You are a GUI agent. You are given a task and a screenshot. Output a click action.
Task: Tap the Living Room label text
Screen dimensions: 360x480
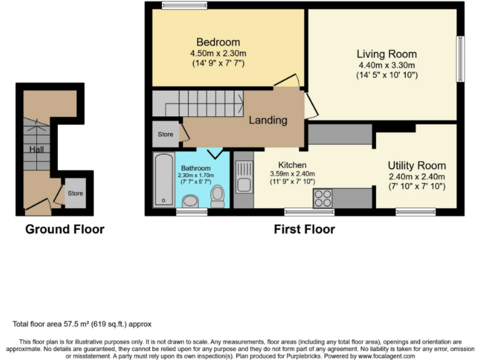pos(386,54)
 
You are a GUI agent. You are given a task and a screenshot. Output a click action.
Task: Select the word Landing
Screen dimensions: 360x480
pos(268,120)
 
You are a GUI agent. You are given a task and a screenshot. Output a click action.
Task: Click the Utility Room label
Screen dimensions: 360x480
pos(417,166)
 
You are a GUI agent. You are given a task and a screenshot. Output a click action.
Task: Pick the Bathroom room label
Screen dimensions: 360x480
pos(196,169)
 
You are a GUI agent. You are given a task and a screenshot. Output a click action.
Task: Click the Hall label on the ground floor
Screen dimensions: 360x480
pos(36,149)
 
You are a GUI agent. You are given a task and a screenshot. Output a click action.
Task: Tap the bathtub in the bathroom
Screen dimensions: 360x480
pos(164,179)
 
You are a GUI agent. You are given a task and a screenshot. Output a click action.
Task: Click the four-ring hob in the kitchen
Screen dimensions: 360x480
pos(323,198)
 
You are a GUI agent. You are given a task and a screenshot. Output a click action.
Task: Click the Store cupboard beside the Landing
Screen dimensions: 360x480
pos(165,134)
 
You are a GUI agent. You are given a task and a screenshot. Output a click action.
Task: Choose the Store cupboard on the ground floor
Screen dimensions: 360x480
pos(75,193)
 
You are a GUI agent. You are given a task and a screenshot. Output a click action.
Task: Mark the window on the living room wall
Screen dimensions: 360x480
pos(460,58)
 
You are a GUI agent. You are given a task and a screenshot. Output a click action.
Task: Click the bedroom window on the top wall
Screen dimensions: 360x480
pos(184,6)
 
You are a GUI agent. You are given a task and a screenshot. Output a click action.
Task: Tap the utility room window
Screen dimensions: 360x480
pos(416,212)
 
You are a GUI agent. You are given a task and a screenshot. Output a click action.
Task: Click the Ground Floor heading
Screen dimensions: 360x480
pos(64,229)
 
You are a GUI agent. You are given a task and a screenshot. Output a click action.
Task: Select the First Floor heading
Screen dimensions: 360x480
pos(304,229)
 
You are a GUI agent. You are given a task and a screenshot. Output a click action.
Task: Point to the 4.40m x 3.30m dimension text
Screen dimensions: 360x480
pos(386,65)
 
